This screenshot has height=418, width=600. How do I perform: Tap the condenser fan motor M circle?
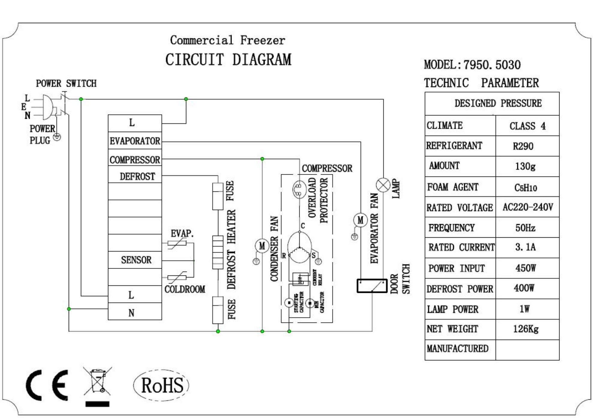pyautogui.click(x=262, y=246)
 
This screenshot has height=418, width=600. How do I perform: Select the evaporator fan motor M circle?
pyautogui.click(x=360, y=220)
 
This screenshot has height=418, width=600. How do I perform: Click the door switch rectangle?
pyautogui.click(x=372, y=286)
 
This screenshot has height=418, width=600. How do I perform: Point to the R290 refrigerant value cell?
pyautogui.click(x=527, y=146)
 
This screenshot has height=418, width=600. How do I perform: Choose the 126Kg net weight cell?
pyautogui.click(x=527, y=329)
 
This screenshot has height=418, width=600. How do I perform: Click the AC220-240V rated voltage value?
pyautogui.click(x=527, y=207)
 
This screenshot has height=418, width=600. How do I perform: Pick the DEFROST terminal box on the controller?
pyautogui.click(x=135, y=176)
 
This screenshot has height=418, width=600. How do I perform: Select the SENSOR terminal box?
pyautogui.click(x=135, y=260)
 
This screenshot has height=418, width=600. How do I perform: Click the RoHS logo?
pyautogui.click(x=161, y=385)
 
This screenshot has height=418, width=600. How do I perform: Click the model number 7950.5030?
pyautogui.click(x=492, y=65)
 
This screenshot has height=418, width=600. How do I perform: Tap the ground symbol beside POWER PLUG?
pyautogui.click(x=57, y=137)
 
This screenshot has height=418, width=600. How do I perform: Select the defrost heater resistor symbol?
pyautogui.click(x=218, y=252)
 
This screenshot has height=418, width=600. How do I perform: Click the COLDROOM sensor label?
pyautogui.click(x=184, y=290)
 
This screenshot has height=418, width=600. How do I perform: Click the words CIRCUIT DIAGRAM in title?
pyautogui.click(x=228, y=59)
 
